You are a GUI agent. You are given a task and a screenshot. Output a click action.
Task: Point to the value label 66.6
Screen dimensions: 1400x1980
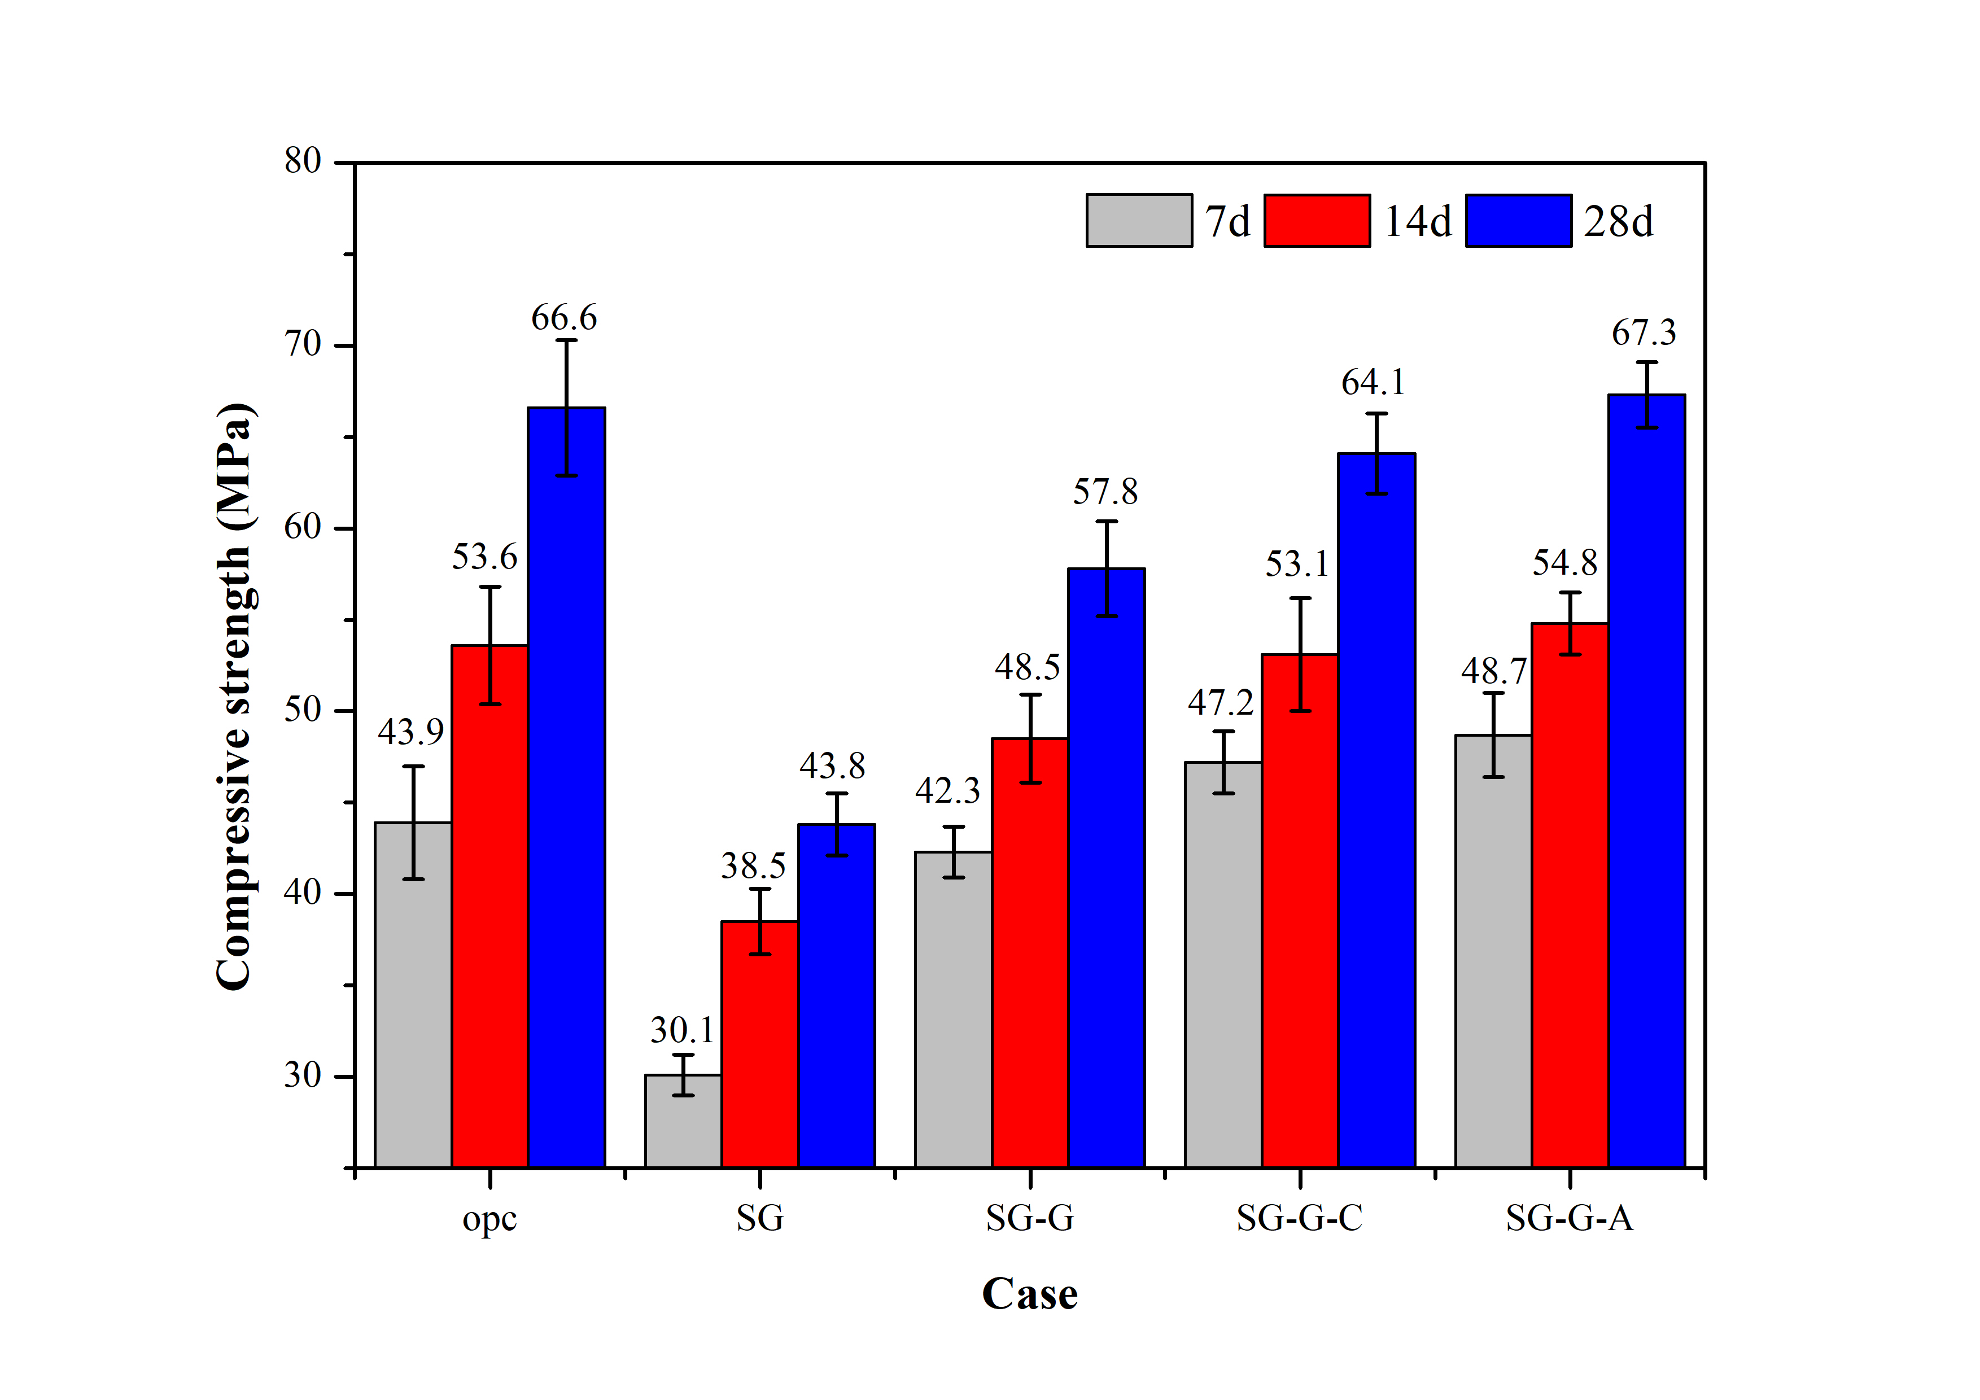pos(564,318)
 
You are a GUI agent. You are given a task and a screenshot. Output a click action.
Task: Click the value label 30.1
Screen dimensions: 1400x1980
pos(682,1030)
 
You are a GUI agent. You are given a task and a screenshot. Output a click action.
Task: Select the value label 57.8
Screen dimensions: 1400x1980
pos(1105,492)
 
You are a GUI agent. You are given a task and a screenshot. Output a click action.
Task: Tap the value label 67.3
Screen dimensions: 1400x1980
pos(1644,333)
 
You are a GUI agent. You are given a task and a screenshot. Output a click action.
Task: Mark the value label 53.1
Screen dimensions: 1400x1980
pos(1297,565)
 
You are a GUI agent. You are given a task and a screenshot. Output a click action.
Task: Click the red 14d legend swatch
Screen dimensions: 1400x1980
pos(1317,221)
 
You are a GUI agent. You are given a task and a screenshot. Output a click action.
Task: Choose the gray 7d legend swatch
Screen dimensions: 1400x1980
pos(1138,221)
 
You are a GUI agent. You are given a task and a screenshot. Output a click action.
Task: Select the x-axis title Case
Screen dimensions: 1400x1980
pos(1030,1294)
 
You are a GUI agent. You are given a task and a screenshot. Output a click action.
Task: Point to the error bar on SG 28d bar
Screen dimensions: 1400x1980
pos(837,824)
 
